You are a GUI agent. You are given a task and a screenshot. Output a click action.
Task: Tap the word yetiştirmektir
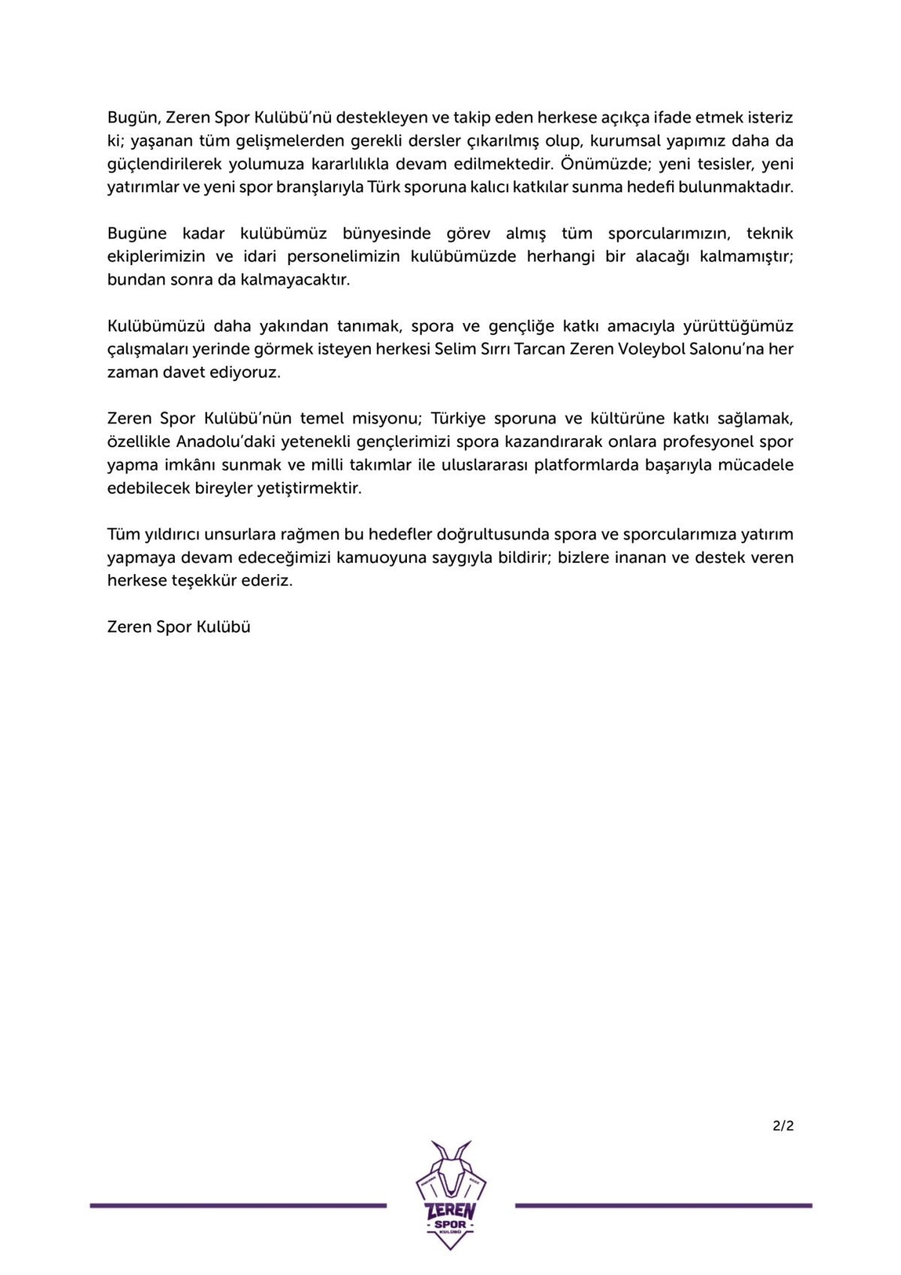[309, 488]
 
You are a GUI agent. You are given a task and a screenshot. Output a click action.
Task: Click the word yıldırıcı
[171, 534]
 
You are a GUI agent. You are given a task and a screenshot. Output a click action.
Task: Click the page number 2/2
[782, 1125]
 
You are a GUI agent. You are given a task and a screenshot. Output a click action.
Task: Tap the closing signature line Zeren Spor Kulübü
[179, 627]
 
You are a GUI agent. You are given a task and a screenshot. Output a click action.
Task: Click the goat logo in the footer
[450, 1195]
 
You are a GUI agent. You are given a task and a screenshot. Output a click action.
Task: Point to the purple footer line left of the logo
[238, 1206]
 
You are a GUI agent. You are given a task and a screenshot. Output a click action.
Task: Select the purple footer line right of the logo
[664, 1206]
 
